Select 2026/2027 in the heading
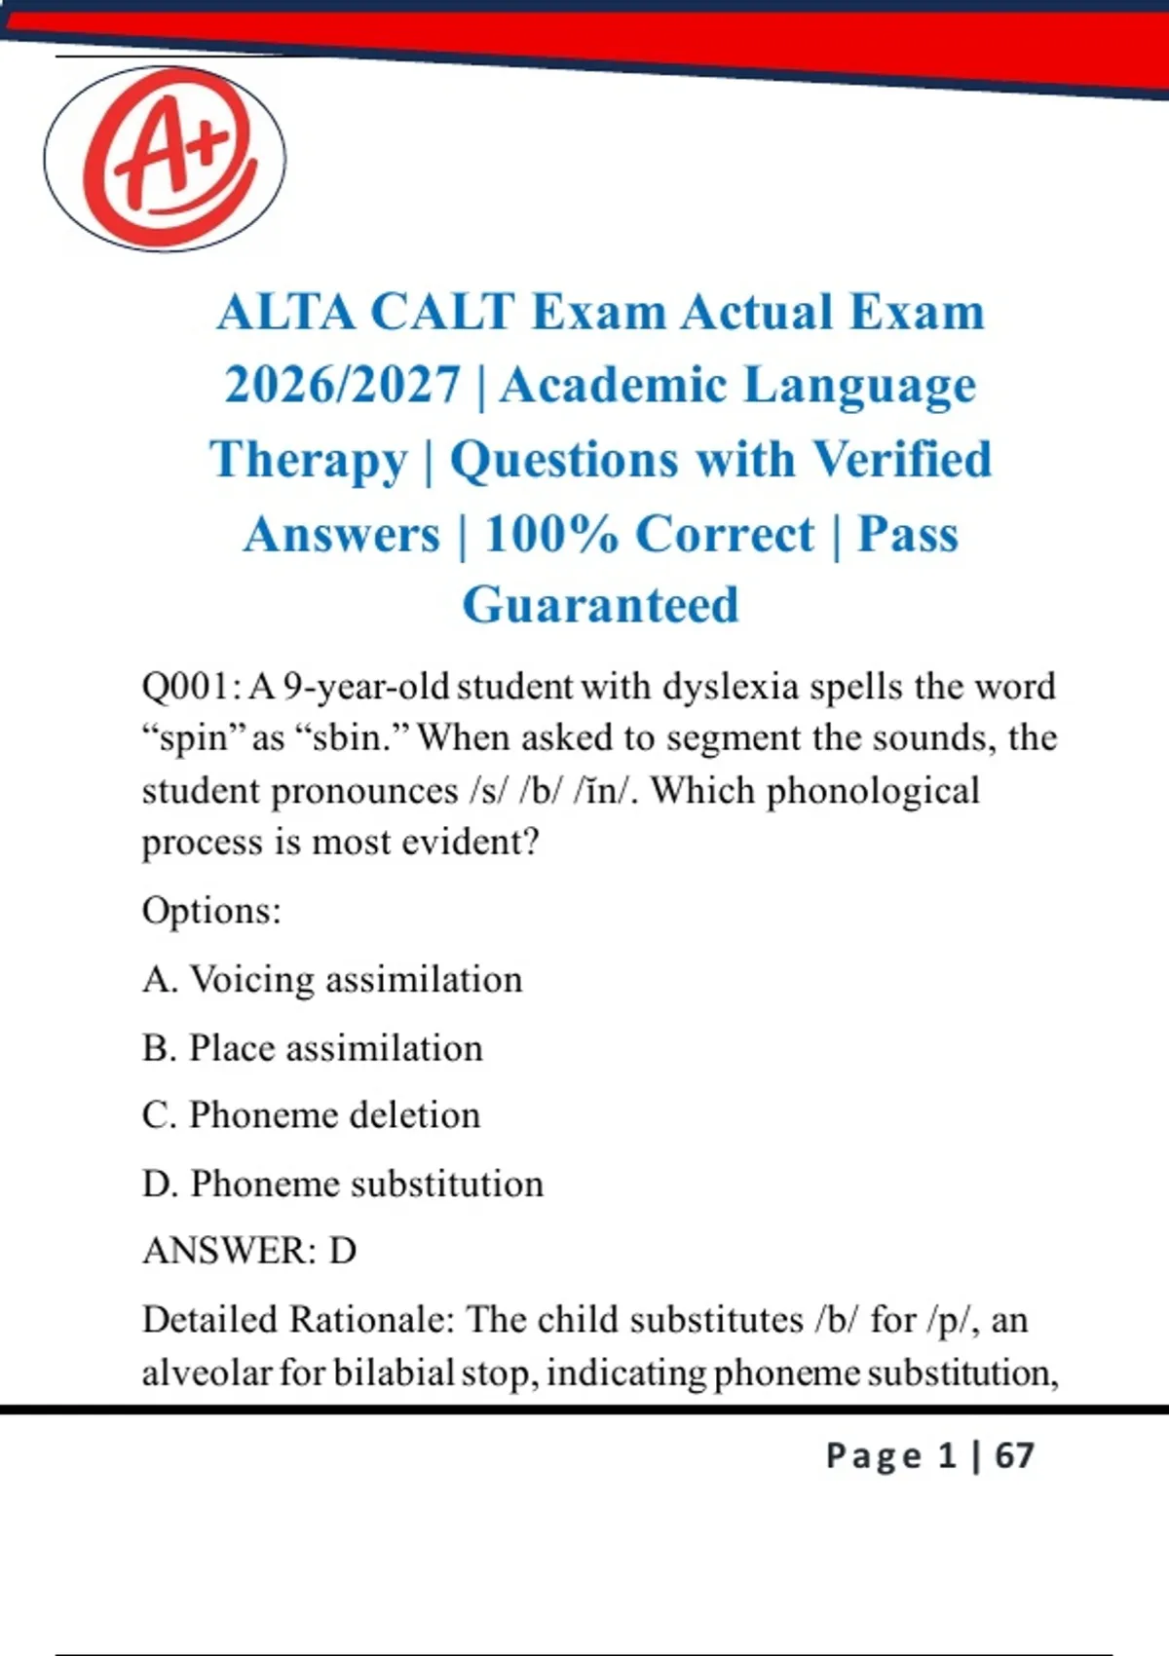tap(343, 386)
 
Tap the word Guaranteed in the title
tap(600, 606)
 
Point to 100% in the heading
tap(550, 534)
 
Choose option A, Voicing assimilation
tap(332, 980)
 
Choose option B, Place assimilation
tap(312, 1048)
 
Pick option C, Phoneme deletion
tap(312, 1115)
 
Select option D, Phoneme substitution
tap(342, 1184)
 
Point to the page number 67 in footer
tap(1014, 1455)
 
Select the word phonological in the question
tap(873, 793)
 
